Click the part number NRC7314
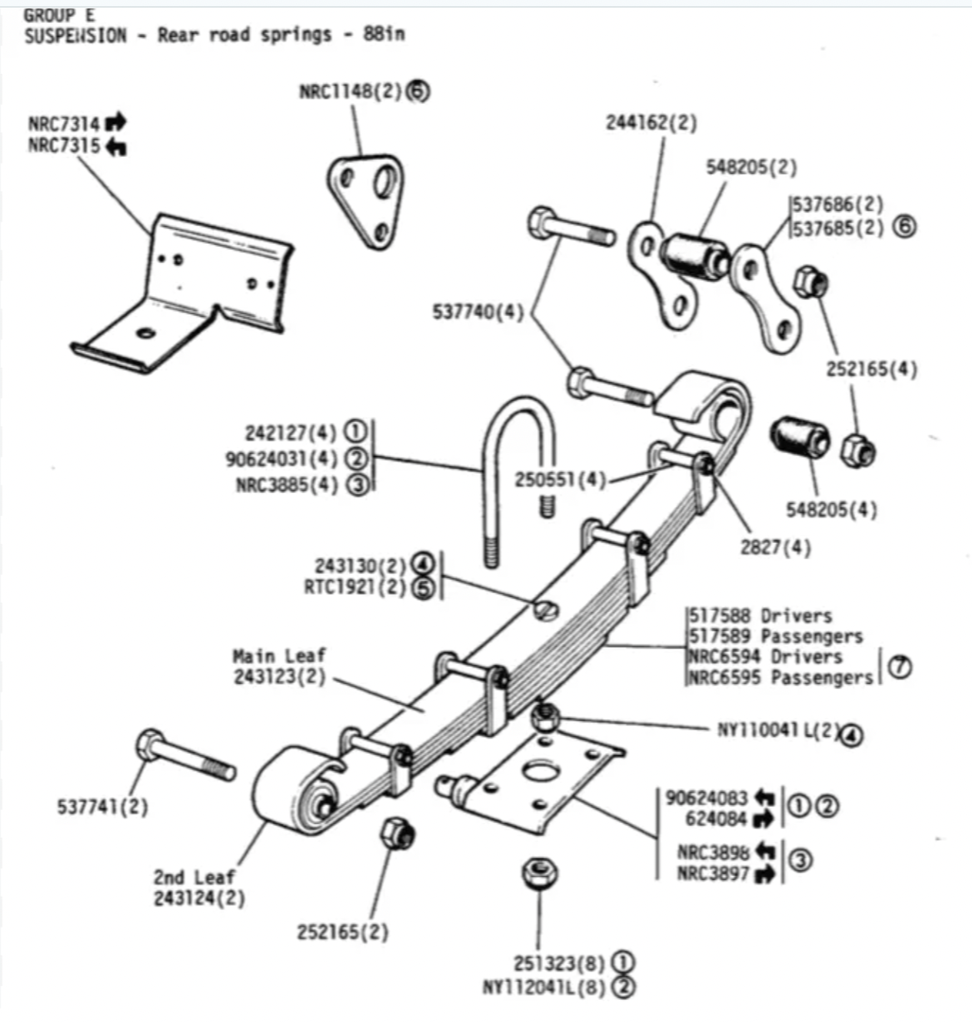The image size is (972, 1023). coord(64,125)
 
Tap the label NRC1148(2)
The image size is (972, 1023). coord(351,92)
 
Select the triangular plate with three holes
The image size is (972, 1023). coord(366,202)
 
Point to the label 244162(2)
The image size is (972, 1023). coord(651,123)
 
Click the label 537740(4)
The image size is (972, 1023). coord(478,312)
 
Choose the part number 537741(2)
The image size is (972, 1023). coord(102,807)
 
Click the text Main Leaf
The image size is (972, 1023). coord(279,655)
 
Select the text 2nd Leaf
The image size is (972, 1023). coord(194,878)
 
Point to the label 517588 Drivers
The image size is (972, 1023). coord(761,616)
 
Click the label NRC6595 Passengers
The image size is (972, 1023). coord(781,678)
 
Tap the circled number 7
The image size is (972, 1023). coord(900,667)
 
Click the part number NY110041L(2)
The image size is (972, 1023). coord(779,730)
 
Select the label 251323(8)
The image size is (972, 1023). coord(559,963)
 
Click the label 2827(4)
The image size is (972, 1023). coord(776,547)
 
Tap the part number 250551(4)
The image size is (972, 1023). coord(561,479)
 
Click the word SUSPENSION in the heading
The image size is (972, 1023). coord(75,35)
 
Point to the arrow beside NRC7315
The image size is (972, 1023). coord(115,147)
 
